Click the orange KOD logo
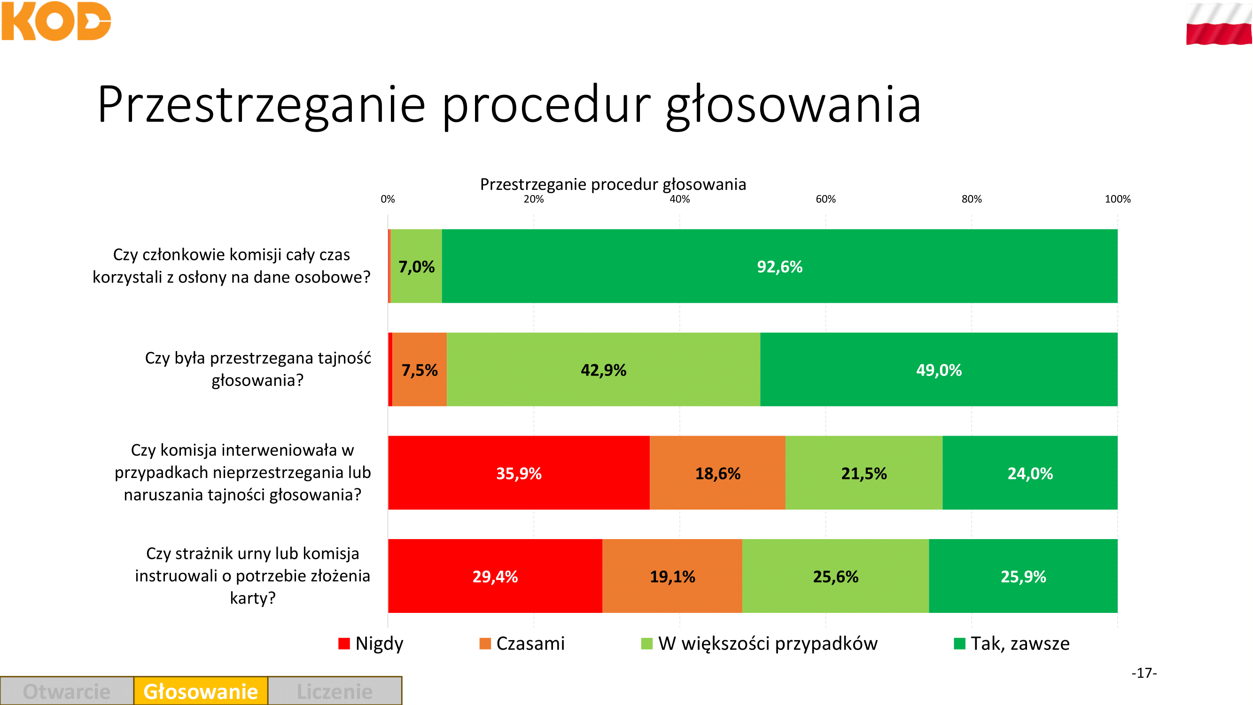(x=56, y=21)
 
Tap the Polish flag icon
(x=1219, y=24)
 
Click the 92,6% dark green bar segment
(x=779, y=266)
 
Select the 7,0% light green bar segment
(x=416, y=266)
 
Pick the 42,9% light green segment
(x=603, y=370)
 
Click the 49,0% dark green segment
(x=939, y=370)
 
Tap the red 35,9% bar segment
(x=519, y=473)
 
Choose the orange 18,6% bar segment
(x=717, y=473)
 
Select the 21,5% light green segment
(x=864, y=473)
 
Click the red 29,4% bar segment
(x=495, y=576)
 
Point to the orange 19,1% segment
(x=672, y=576)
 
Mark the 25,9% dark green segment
(x=1023, y=576)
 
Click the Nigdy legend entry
(x=371, y=643)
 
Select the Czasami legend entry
(x=522, y=643)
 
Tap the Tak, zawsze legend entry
(x=1012, y=643)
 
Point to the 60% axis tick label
(x=825, y=199)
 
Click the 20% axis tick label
(x=534, y=199)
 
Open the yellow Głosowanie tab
(x=201, y=691)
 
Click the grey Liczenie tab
(x=335, y=691)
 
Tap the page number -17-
(x=1144, y=673)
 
